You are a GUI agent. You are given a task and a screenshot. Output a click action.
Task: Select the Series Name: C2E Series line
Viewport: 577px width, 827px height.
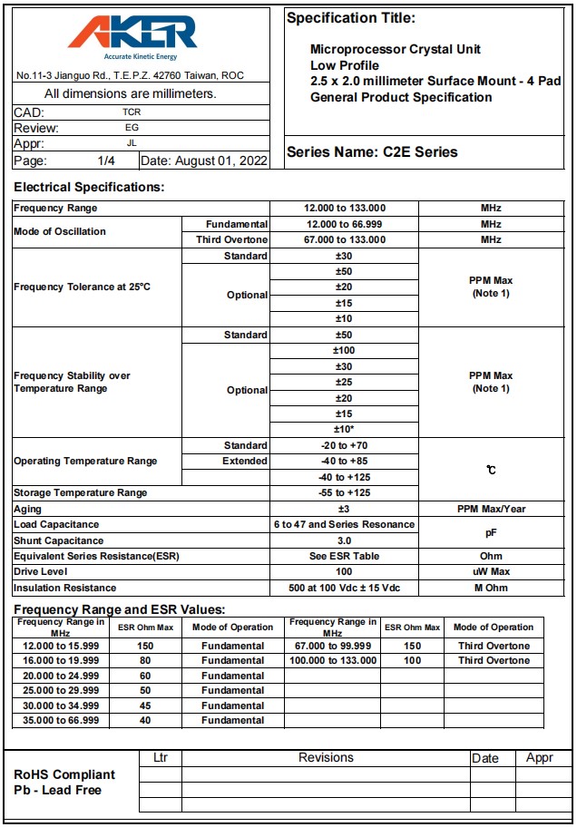(x=372, y=152)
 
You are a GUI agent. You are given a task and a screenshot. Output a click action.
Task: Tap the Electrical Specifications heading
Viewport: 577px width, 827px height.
(x=89, y=188)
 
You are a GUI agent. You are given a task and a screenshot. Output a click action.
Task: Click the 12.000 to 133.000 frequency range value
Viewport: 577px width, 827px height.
(x=344, y=209)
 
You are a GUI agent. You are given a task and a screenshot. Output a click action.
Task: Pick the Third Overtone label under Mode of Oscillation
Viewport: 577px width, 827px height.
(x=231, y=239)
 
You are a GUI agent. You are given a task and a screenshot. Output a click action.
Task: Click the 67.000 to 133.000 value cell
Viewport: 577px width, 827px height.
(x=344, y=239)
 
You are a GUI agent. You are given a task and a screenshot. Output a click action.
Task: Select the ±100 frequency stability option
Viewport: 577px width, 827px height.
(x=344, y=350)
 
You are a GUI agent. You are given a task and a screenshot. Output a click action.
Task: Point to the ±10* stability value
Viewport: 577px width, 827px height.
(x=344, y=429)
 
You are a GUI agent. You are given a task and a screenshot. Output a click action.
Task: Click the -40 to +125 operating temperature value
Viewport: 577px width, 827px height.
(x=344, y=477)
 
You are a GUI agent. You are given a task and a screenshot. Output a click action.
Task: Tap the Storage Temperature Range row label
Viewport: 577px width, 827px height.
(x=80, y=493)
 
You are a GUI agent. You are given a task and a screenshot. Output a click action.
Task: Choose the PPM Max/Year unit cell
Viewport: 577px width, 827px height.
(x=491, y=509)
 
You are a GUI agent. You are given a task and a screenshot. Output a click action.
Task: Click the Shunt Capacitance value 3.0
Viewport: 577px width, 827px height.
(x=344, y=540)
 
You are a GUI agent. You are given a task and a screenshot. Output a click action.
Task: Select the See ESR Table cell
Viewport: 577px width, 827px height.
(x=344, y=556)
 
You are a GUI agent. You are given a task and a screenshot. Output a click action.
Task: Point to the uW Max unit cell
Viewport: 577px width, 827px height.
(x=491, y=572)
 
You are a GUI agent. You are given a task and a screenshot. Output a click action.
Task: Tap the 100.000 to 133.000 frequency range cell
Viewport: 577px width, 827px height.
(x=333, y=661)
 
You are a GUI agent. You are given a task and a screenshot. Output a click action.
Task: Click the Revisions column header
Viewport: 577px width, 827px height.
(x=326, y=758)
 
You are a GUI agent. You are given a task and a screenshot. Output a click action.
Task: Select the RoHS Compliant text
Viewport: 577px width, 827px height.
(x=64, y=774)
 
